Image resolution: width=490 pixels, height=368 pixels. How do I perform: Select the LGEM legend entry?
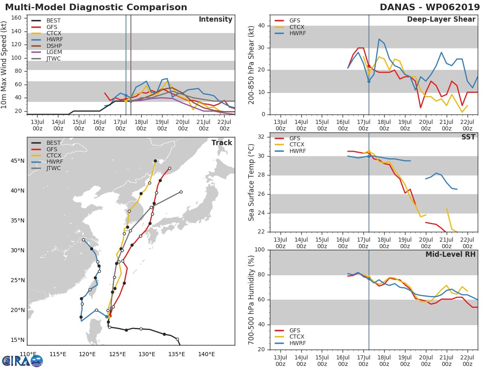point(54,52)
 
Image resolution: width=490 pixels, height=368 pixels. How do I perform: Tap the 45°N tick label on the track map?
point(17,161)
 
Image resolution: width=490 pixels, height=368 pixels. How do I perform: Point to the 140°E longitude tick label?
point(207,354)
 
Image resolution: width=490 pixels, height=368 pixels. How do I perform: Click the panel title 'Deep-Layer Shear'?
point(441,20)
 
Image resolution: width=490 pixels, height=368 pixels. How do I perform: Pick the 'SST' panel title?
point(468,137)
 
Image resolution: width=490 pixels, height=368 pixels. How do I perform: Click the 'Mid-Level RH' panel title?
point(450,255)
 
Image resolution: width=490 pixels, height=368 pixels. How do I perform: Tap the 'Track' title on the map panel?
point(222,143)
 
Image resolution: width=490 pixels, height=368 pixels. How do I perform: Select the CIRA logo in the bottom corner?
point(22,361)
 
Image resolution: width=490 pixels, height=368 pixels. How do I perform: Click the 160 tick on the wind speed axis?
point(16,18)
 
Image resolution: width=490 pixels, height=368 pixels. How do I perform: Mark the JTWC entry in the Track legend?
point(54,168)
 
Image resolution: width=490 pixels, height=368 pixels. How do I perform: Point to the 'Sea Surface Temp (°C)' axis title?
point(252,182)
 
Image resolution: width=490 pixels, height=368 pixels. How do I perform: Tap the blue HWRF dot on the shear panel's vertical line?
point(369,81)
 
